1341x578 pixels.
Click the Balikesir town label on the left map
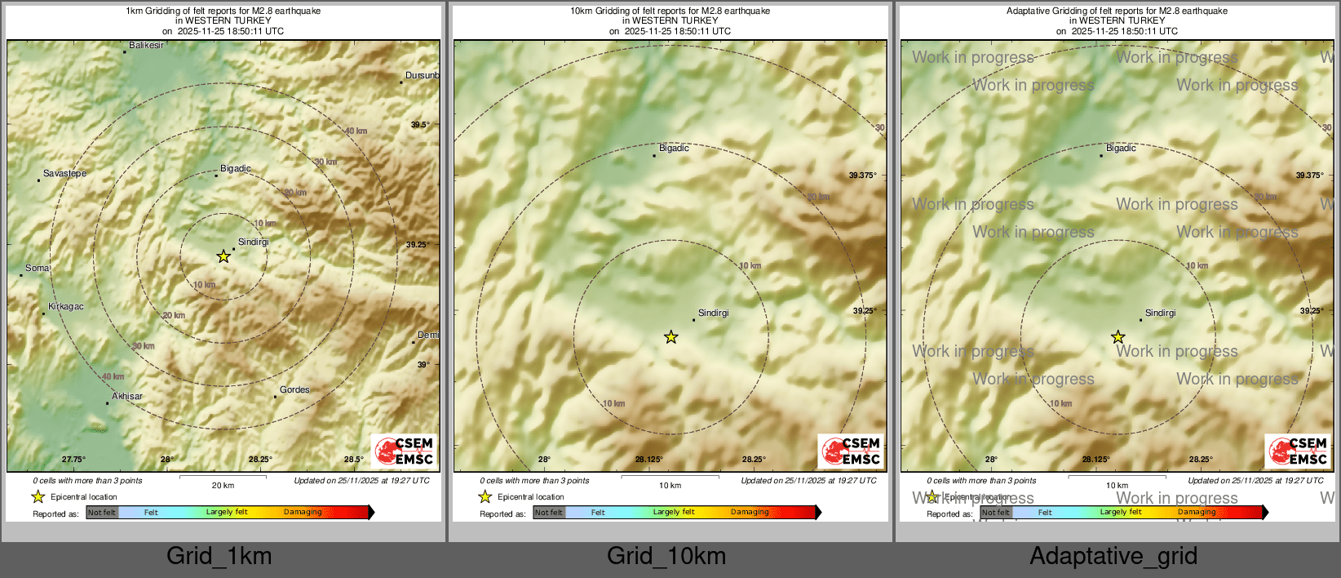coord(146,46)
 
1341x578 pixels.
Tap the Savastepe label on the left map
coord(64,173)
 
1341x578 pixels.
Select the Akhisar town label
coord(127,396)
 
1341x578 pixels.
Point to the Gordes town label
coord(294,389)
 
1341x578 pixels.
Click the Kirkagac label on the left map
coord(66,306)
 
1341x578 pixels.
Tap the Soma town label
coord(37,268)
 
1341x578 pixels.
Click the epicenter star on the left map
coord(223,256)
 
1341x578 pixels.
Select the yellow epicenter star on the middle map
coord(670,337)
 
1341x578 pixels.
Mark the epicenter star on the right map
coord(1117,337)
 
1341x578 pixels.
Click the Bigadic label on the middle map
coord(674,148)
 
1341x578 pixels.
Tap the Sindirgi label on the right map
coord(1160,313)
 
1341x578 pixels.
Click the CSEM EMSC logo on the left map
coord(405,451)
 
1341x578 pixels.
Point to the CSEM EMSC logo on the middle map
coord(852,451)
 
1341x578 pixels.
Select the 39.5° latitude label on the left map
coord(419,125)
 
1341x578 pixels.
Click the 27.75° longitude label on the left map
coord(73,459)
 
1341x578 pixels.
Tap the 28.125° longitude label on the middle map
coord(648,459)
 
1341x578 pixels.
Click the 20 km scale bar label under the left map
coord(223,485)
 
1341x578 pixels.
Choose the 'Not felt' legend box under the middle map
coord(549,513)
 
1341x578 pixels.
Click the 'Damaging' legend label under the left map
coord(303,512)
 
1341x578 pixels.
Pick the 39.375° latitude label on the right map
coord(1309,176)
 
